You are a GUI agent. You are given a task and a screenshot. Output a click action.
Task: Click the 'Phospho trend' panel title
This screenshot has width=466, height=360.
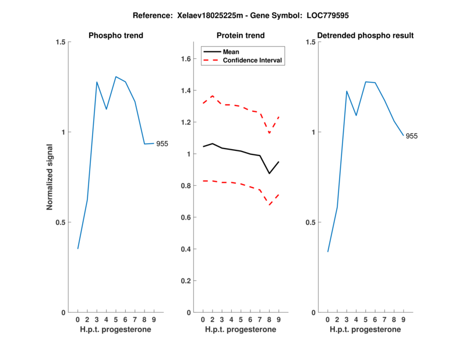(x=116, y=36)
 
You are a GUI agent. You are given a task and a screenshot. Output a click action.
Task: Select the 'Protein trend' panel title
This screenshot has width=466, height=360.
(x=240, y=36)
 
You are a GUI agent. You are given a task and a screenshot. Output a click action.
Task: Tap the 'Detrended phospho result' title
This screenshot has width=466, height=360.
(x=365, y=36)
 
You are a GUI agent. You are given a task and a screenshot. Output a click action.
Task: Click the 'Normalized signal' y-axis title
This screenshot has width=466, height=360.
(x=51, y=178)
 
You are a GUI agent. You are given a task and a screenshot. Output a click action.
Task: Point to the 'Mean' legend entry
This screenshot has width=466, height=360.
(x=231, y=52)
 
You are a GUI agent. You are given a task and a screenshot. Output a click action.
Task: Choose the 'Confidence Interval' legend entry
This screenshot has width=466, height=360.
(x=253, y=60)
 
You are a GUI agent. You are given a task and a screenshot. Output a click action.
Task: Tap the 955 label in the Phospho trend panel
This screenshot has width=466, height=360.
(x=162, y=144)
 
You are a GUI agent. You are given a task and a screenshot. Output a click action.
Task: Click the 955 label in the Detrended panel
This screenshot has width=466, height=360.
(x=412, y=136)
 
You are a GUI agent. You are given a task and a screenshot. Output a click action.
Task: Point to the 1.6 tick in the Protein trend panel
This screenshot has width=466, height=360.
(x=187, y=59)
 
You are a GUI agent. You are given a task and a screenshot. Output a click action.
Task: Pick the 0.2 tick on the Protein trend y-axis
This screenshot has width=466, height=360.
(x=187, y=281)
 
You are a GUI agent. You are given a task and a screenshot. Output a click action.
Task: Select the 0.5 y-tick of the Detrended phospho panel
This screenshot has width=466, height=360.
(x=310, y=223)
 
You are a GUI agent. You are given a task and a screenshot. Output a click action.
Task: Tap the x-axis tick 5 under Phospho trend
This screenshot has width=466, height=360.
(x=116, y=320)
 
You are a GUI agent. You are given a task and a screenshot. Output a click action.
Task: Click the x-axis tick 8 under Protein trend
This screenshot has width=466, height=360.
(x=269, y=320)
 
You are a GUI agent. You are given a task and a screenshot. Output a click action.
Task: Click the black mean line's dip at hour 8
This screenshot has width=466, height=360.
(x=269, y=173)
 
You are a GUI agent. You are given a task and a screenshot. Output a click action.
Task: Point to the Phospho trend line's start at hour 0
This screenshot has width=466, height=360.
(x=77, y=249)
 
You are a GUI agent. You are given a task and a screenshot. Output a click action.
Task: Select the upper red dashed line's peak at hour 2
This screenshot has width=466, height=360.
(x=212, y=96)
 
